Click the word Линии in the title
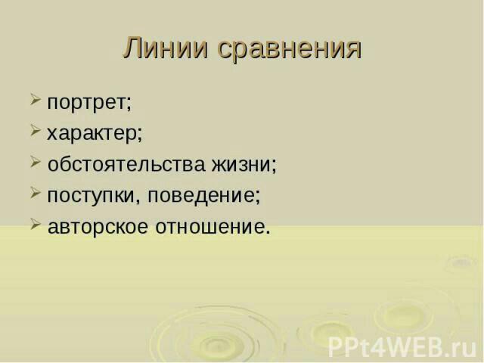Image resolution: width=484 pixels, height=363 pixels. (166, 48)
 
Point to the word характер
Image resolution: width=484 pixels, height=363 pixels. (92, 135)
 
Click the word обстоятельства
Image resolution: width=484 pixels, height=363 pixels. (126, 164)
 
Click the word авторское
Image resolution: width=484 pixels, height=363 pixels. (98, 227)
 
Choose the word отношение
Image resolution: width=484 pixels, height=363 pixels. (210, 227)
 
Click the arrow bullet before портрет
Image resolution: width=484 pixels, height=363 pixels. (36, 100)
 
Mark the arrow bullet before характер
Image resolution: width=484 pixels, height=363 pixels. (36, 131)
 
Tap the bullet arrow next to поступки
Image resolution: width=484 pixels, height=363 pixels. (36, 193)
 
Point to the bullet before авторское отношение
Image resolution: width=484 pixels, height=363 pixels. (36, 224)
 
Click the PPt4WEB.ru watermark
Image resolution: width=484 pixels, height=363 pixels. (402, 347)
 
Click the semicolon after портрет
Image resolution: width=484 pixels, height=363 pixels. (129, 104)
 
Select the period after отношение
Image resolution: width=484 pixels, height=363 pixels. (267, 231)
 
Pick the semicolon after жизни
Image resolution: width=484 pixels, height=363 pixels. (274, 166)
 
